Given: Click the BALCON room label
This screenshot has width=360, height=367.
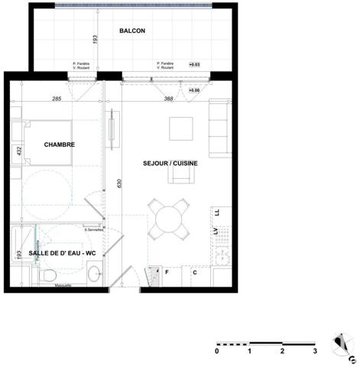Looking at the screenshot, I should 132,31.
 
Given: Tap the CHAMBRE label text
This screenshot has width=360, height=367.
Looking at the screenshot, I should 59,145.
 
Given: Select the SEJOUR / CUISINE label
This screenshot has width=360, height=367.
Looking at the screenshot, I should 170,164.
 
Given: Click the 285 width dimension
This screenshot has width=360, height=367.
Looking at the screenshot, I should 56,99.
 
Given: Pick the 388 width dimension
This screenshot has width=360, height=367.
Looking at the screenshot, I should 169,99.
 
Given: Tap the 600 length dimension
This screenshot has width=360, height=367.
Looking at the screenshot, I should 119,184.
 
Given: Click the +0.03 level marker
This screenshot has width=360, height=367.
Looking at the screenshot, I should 194,66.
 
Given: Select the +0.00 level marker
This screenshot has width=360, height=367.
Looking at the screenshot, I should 194,90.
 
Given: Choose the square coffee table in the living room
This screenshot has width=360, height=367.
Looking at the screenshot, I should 181,128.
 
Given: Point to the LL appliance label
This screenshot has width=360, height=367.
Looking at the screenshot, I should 217,212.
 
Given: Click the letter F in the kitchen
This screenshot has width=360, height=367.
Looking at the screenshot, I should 167,271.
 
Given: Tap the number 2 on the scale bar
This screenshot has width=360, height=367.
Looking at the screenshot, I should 282,351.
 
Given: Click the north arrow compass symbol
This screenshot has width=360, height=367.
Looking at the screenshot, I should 342,346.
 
